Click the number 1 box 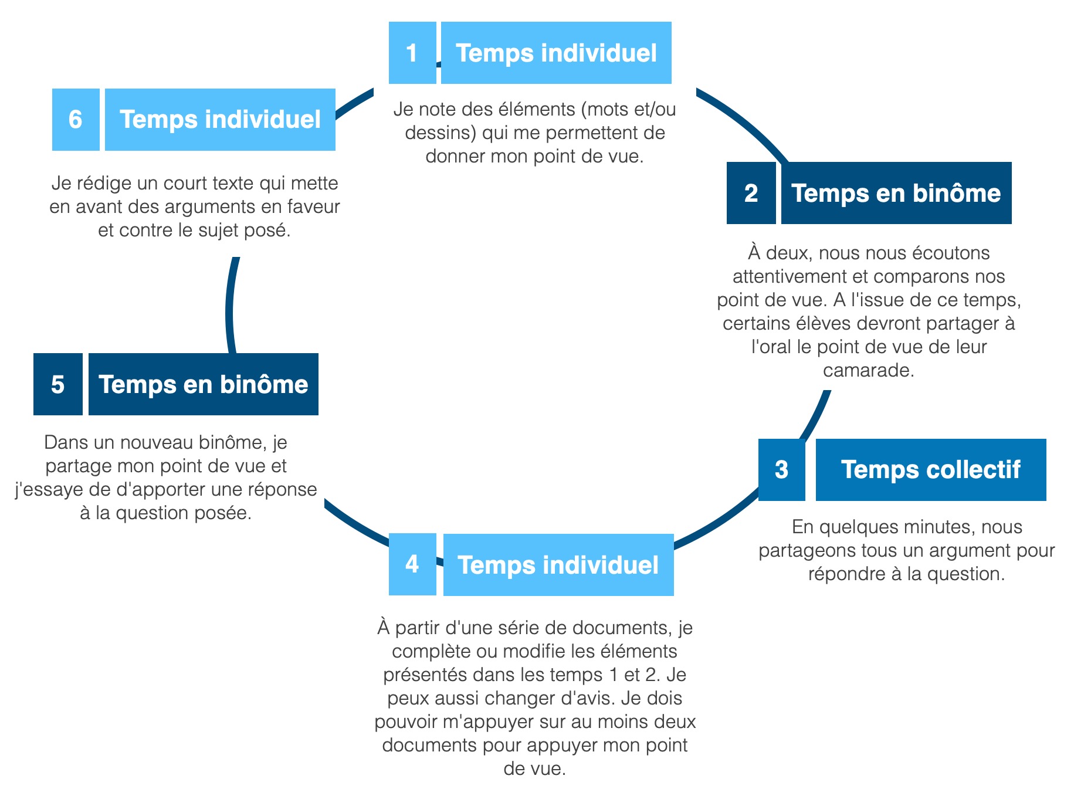coord(412,53)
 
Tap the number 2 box coord(751,193)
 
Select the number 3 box coord(781,470)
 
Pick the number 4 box coord(412,564)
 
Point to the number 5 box coord(57,384)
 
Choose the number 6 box coord(76,120)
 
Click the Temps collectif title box coord(931,470)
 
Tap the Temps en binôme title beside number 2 coord(896,193)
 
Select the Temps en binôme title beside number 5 coord(204,384)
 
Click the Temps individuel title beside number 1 coord(556,53)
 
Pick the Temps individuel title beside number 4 coord(558,565)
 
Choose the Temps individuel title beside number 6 coord(220,120)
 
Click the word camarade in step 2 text coord(868,371)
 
